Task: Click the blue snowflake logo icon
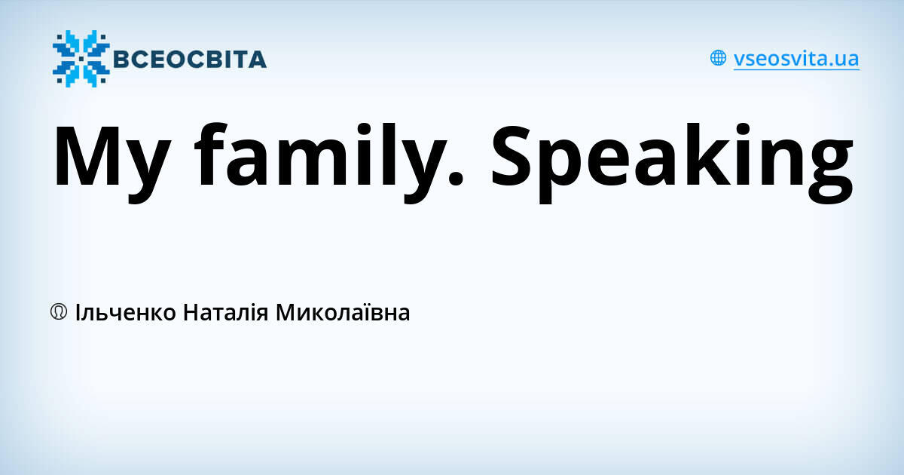tap(81, 59)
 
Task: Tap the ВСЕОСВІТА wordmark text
tap(189, 59)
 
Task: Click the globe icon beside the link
tap(718, 58)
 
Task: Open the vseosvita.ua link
tap(796, 59)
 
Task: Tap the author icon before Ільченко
tap(59, 311)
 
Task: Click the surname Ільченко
tap(127, 311)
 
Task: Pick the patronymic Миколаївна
tap(343, 311)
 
